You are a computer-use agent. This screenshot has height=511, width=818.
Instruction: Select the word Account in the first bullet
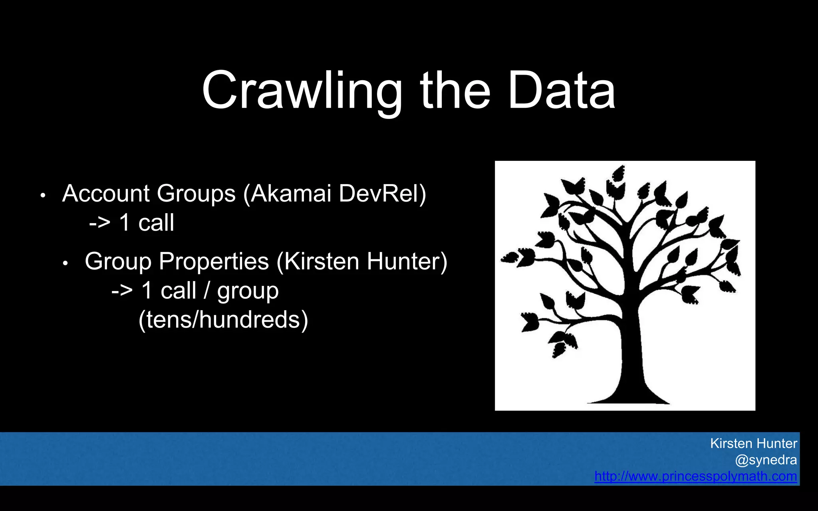point(106,194)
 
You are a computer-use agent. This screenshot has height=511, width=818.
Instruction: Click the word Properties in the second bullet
point(214,262)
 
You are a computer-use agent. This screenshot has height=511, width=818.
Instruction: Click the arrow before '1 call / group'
point(122,291)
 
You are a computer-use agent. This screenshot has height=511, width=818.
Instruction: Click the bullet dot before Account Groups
point(43,196)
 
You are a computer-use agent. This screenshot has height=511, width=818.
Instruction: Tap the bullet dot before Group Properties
point(66,263)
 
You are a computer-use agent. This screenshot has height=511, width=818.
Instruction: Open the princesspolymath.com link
point(695,476)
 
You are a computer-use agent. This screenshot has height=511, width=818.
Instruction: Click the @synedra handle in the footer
point(766,460)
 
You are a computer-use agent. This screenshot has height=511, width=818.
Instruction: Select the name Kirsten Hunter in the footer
point(753,444)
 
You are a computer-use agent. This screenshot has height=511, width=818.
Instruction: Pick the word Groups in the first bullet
point(196,194)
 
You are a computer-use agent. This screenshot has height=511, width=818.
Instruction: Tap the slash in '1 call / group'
point(206,291)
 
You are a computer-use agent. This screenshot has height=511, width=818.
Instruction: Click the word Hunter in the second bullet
point(407,261)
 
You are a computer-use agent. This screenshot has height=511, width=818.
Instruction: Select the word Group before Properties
point(118,262)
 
